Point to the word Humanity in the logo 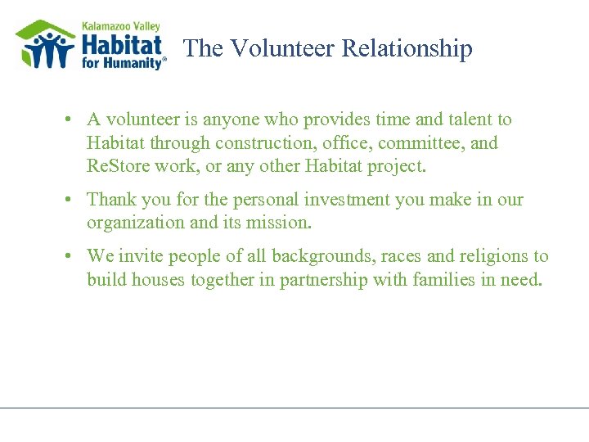click(x=133, y=64)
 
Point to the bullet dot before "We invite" click(x=72, y=256)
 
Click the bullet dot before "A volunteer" click(x=72, y=120)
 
